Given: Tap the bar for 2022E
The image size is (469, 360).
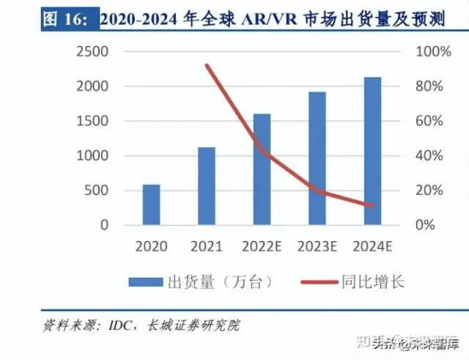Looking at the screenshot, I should (262, 169).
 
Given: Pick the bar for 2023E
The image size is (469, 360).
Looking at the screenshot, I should (317, 158).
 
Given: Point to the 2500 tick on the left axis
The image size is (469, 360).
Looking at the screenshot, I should (92, 52).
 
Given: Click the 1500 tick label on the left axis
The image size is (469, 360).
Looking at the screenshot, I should (92, 121).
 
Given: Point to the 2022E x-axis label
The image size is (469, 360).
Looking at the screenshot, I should (262, 246).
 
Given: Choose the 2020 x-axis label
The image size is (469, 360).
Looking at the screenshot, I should (151, 246).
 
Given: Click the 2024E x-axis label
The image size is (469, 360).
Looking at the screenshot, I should (372, 246).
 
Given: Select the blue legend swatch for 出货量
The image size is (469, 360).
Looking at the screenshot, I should (146, 281).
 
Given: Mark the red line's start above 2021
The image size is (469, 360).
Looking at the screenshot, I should (207, 65).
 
